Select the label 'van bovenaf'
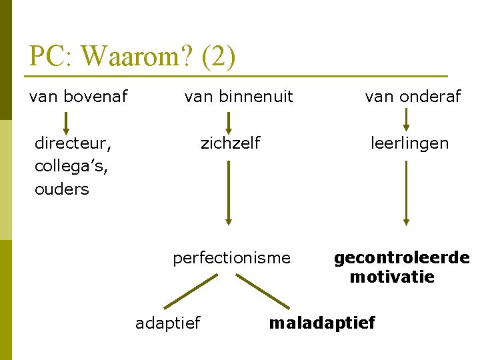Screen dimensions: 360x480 click(78, 97)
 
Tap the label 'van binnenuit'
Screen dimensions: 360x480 click(239, 97)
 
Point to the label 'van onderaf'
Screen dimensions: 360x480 click(413, 97)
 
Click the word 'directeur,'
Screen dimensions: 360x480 click(73, 143)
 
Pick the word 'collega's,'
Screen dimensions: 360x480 click(71, 166)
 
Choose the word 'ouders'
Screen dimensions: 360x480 click(61, 189)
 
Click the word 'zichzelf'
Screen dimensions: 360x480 click(230, 143)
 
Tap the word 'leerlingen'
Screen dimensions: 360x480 click(410, 143)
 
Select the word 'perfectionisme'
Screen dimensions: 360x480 click(231, 257)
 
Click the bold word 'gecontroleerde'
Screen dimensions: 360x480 click(401, 257)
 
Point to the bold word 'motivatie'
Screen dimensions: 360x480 click(392, 277)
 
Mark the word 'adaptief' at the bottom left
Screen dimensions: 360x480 click(167, 323)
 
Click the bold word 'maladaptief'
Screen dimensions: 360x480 click(322, 323)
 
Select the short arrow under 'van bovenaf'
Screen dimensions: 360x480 click(65, 123)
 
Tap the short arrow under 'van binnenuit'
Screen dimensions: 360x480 click(228, 123)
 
